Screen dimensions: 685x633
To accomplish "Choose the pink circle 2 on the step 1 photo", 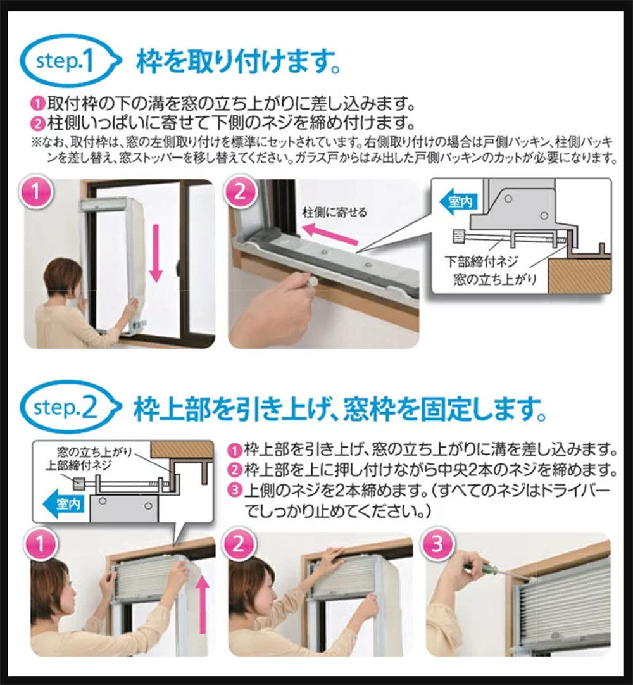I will pyautogui.click(x=240, y=193).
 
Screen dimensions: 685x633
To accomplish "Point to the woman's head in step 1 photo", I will pyautogui.click(x=63, y=278).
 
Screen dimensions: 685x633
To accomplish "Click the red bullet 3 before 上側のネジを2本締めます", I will pyautogui.click(x=235, y=489).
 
